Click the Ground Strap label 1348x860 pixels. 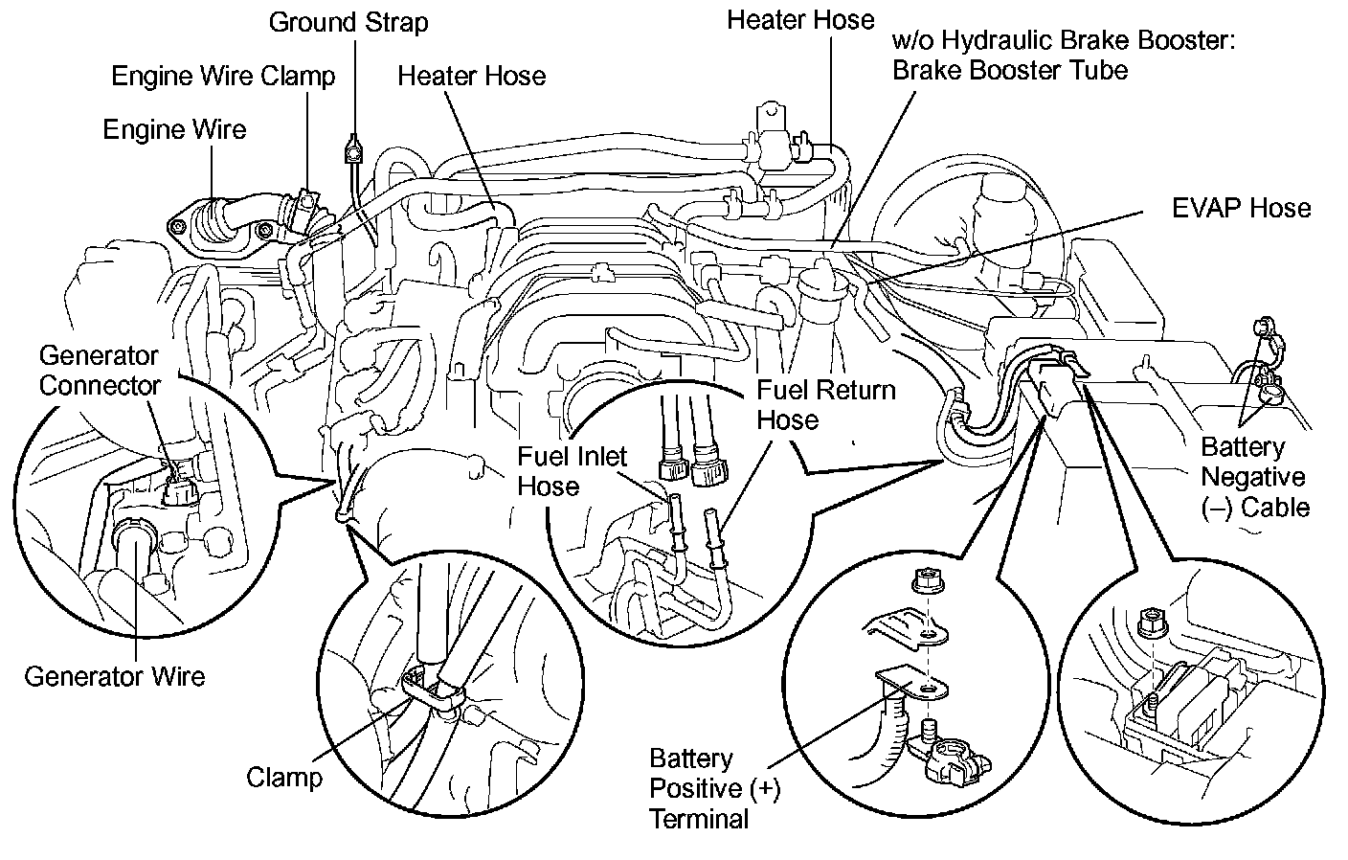point(348,22)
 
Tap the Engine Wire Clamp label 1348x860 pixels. point(223,76)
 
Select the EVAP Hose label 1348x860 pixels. point(1241,208)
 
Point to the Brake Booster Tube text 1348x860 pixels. point(1010,70)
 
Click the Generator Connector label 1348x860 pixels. point(99,371)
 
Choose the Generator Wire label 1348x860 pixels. point(114,676)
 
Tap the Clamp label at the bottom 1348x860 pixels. point(284,776)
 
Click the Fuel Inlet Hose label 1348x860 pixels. point(572,470)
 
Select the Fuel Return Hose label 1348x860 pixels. point(826,404)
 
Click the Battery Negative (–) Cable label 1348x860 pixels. point(1254,476)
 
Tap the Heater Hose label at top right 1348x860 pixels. point(800,19)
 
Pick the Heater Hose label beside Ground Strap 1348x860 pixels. point(471,76)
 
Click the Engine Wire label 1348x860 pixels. point(174,129)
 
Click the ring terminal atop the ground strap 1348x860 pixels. point(353,148)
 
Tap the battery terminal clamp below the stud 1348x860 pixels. point(957,758)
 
